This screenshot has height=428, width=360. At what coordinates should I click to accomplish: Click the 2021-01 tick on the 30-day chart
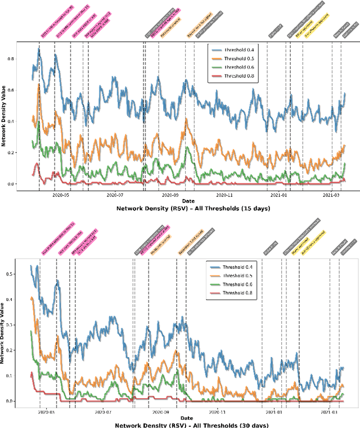(x=273, y=411)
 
